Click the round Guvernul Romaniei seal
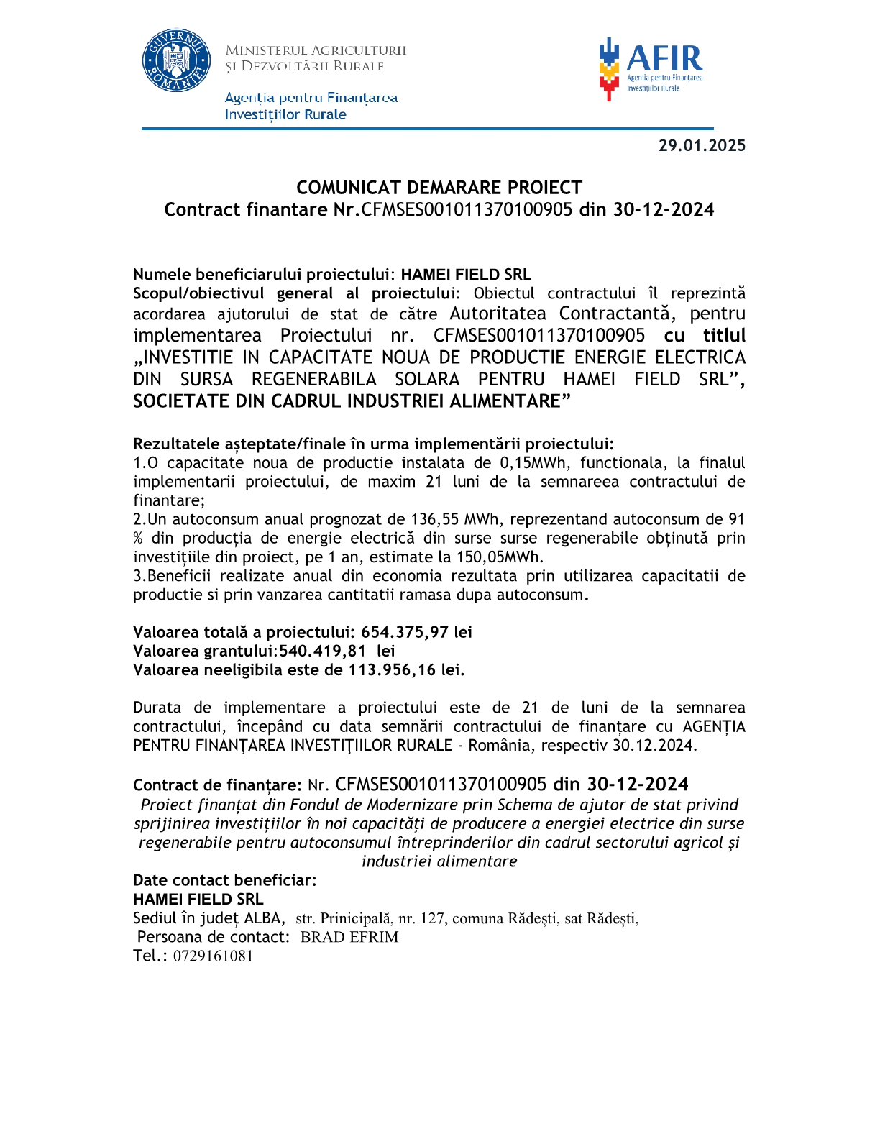(176, 60)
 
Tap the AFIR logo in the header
(650, 68)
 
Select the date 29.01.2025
(702, 145)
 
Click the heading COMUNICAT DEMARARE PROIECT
(439, 188)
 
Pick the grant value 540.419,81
(323, 651)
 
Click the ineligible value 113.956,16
(393, 669)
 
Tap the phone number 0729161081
(213, 956)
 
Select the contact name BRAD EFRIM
(349, 937)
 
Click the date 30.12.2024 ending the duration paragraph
(654, 745)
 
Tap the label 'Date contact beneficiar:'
(224, 880)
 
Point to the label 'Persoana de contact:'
(214, 937)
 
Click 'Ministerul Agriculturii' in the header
(316, 50)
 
